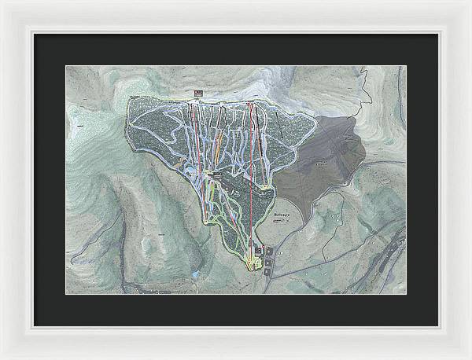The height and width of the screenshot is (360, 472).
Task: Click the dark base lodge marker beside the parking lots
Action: pos(258,250)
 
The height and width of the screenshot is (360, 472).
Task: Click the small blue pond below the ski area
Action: pos(194,274)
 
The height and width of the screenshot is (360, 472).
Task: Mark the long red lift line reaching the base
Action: pos(251,181)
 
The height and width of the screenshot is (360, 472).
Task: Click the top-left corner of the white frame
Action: pos(2,2)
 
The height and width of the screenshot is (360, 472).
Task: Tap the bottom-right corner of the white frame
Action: pos(470,358)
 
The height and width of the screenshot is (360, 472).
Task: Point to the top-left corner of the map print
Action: pos(65,66)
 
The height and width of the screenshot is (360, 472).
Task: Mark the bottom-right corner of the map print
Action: pos(407,294)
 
